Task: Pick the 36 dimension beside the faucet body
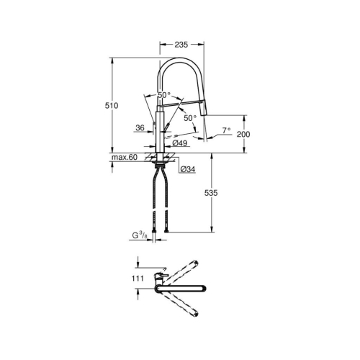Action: [140, 129]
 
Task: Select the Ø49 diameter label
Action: [181, 144]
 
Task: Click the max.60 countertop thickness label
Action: [125, 157]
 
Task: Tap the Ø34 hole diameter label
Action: [186, 168]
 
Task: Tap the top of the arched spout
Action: [180, 61]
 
